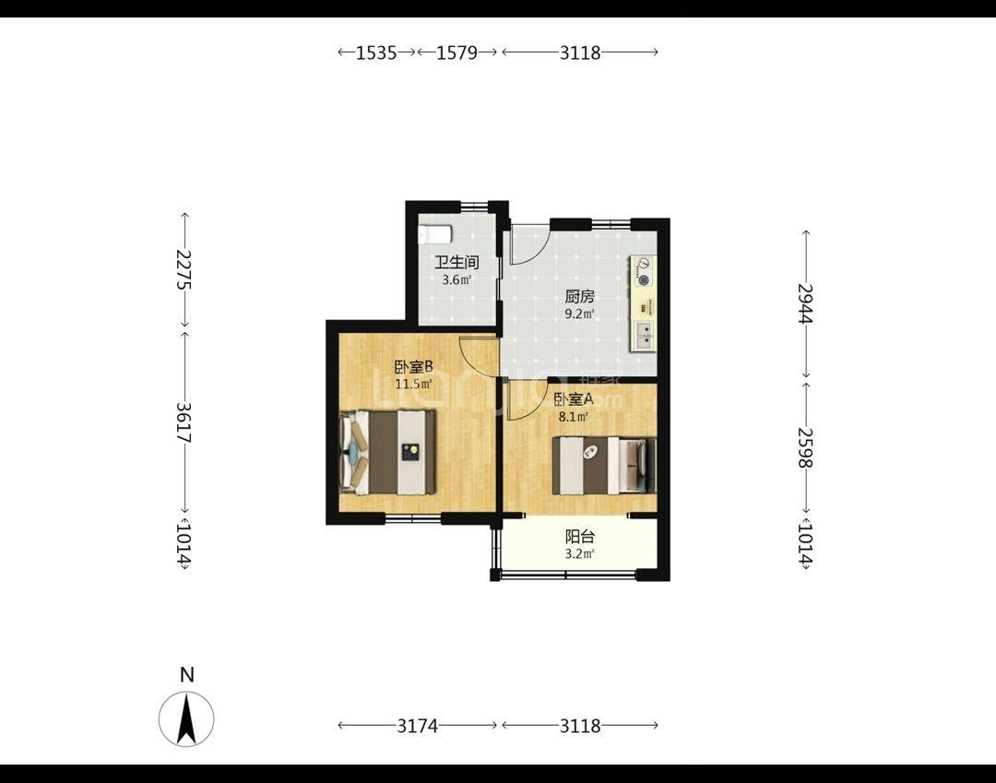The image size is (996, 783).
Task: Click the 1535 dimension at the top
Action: tap(376, 52)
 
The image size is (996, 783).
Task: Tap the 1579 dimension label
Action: tap(456, 52)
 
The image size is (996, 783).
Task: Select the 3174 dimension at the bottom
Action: tap(418, 725)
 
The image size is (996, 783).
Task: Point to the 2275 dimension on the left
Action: tap(184, 270)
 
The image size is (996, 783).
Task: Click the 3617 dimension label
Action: tap(184, 423)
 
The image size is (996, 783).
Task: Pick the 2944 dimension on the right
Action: tap(805, 303)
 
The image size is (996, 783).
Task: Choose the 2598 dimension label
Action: tap(805, 447)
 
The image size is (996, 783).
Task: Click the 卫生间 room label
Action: tap(456, 262)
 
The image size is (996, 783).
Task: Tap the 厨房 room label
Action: tap(580, 297)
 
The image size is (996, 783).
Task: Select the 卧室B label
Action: tap(413, 367)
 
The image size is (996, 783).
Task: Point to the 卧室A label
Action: tap(574, 399)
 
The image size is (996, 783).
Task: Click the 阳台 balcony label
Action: tap(580, 537)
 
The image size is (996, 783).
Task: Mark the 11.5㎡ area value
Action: tap(413, 385)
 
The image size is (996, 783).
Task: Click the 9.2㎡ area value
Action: tap(580, 314)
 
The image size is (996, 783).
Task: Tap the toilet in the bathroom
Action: tap(435, 233)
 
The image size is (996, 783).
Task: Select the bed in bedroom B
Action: tap(387, 452)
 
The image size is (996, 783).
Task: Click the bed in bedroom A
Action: tap(603, 466)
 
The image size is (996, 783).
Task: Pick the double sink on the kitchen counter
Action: tap(644, 336)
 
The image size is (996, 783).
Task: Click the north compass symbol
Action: tap(186, 718)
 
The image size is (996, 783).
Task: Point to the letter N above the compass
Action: tap(186, 675)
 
